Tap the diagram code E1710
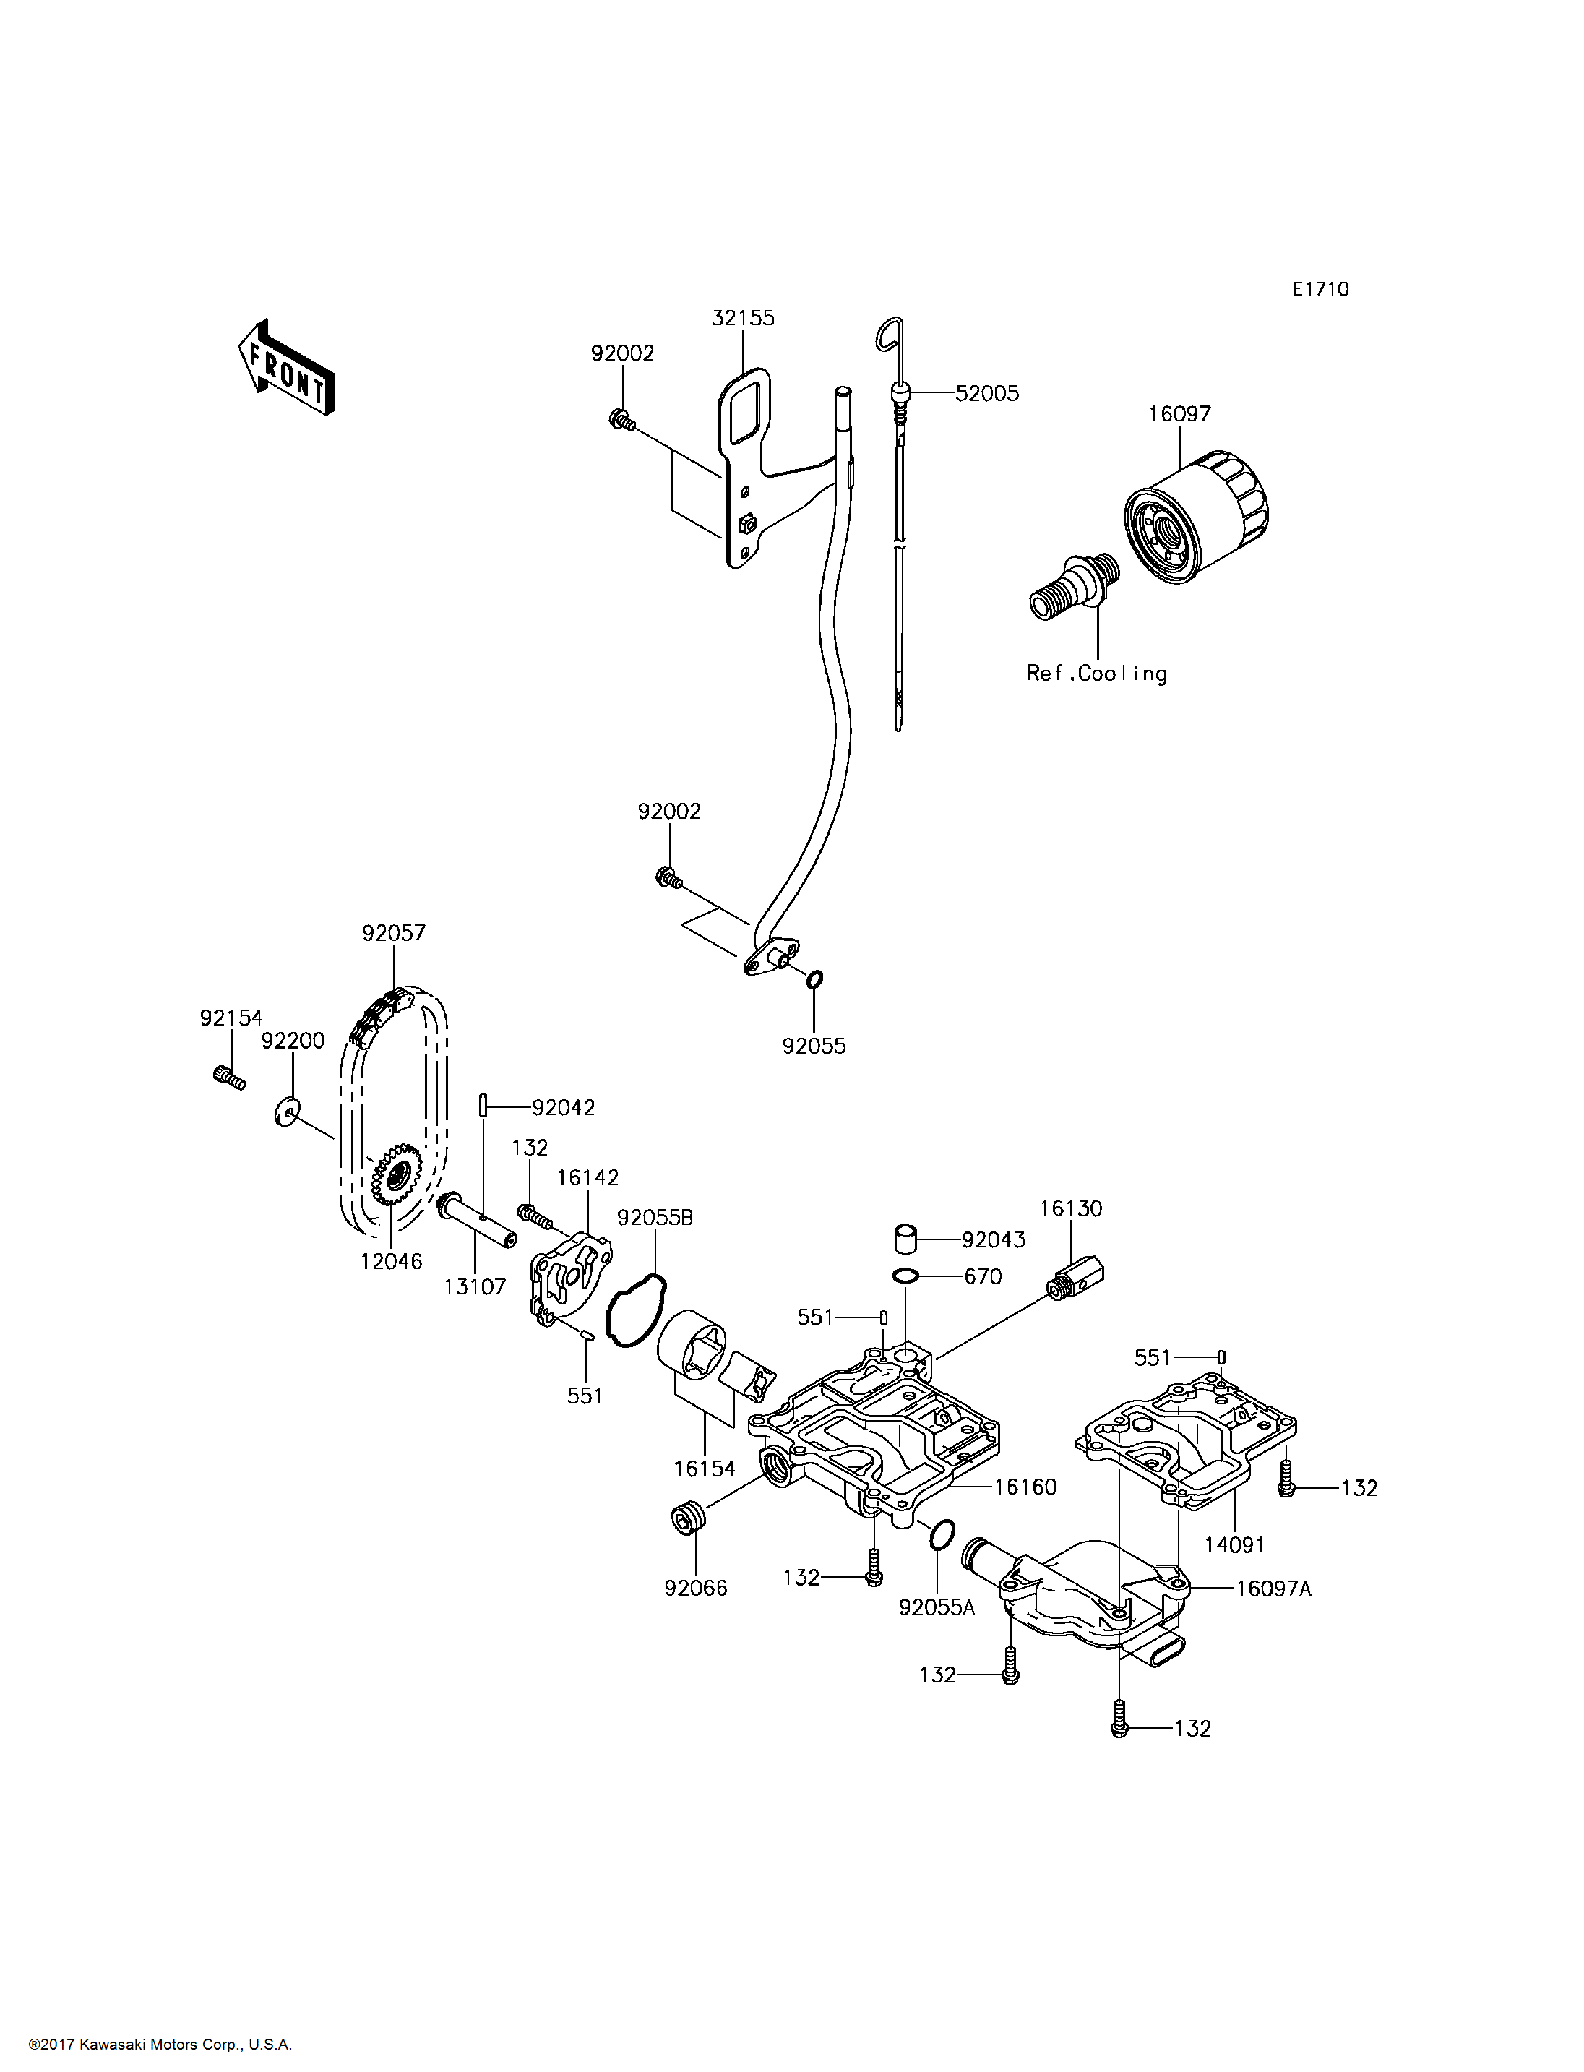[1320, 290]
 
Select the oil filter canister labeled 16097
[1195, 517]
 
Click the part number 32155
[743, 318]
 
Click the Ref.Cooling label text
[1096, 674]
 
